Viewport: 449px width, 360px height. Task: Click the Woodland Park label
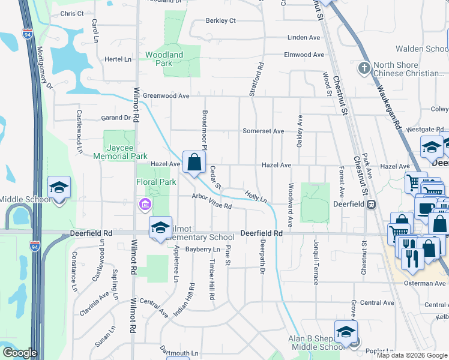tap(164, 59)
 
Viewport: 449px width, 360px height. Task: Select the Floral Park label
tap(156, 182)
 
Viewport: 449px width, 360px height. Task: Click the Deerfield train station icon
tap(372, 204)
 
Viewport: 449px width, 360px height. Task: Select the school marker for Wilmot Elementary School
tap(161, 229)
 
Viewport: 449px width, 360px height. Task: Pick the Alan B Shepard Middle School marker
tap(346, 332)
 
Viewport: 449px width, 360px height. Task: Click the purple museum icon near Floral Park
tap(144, 205)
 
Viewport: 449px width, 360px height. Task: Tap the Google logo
tap(20, 353)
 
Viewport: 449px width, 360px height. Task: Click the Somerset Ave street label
tap(263, 131)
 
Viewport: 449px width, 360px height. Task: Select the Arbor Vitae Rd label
tap(211, 201)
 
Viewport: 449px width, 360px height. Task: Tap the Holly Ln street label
tap(255, 196)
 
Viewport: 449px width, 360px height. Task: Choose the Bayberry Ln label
tap(203, 249)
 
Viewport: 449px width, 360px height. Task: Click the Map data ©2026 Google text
tap(412, 355)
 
